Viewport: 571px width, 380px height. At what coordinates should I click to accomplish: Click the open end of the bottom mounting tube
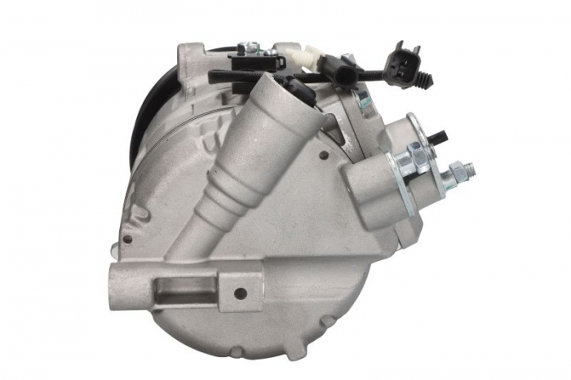(x=123, y=286)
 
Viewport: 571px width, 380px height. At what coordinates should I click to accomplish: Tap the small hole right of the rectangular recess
(x=240, y=293)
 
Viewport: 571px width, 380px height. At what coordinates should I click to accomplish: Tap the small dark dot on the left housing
(x=127, y=239)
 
